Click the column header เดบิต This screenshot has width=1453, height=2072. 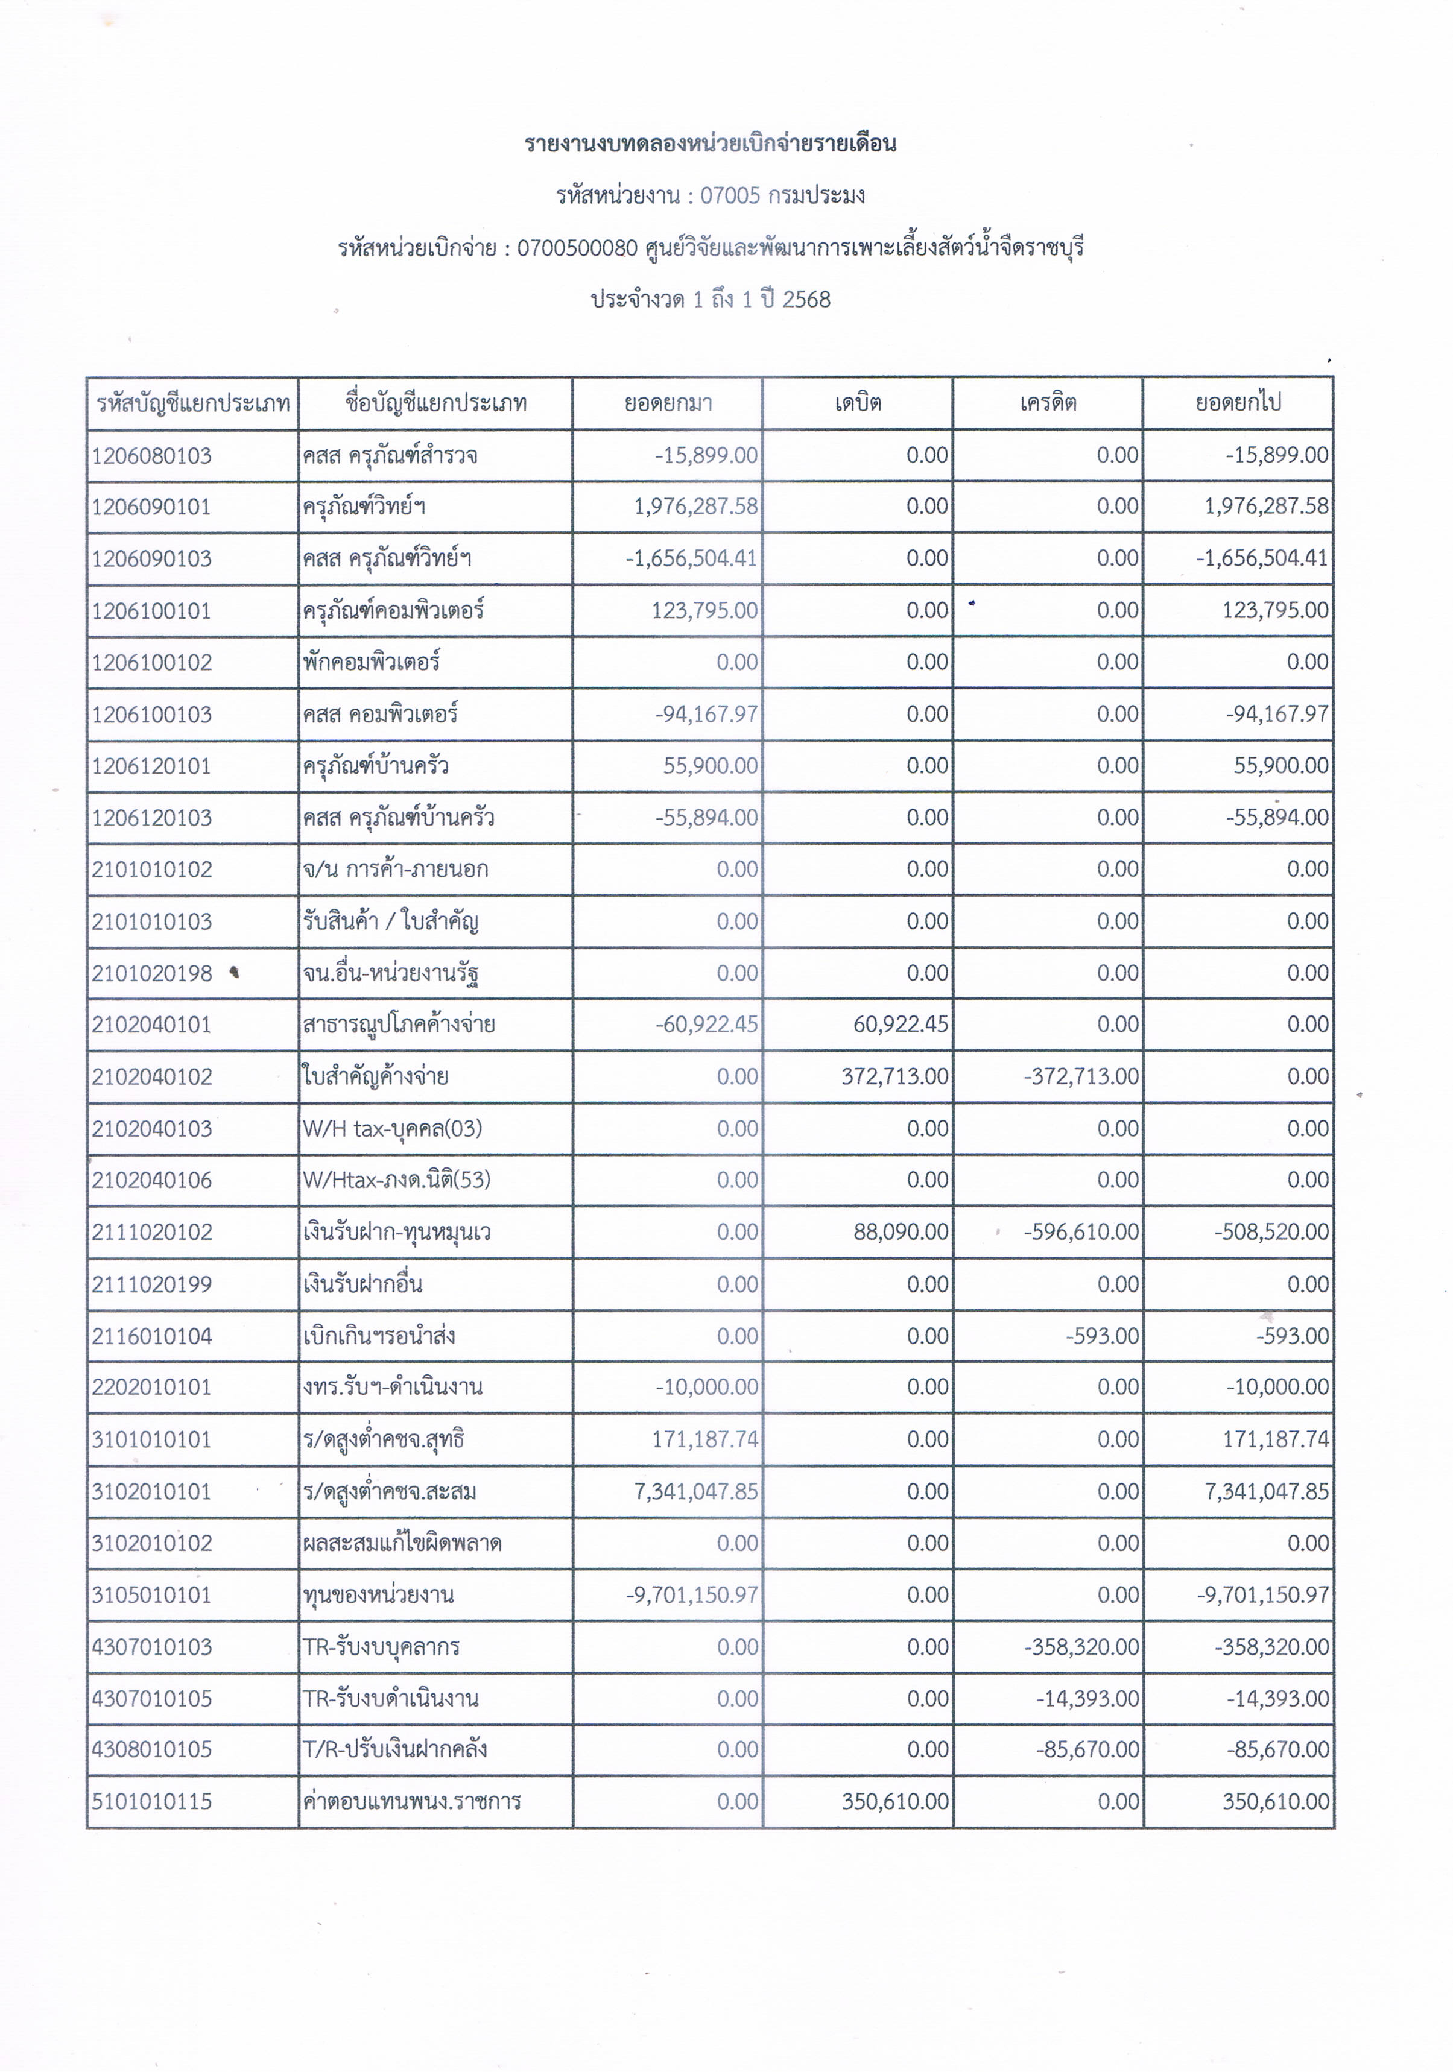point(857,402)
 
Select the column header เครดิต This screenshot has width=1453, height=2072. point(1048,402)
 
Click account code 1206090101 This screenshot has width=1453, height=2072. point(151,507)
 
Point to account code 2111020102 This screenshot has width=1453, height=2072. point(151,1232)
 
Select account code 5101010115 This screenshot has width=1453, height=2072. point(151,1801)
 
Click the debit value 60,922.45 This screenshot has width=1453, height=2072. point(901,1025)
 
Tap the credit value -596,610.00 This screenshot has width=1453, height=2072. point(1081,1232)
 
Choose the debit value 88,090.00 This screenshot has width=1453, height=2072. point(901,1232)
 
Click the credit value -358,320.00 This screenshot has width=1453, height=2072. point(1081,1647)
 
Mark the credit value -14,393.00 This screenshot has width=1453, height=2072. point(1087,1698)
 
